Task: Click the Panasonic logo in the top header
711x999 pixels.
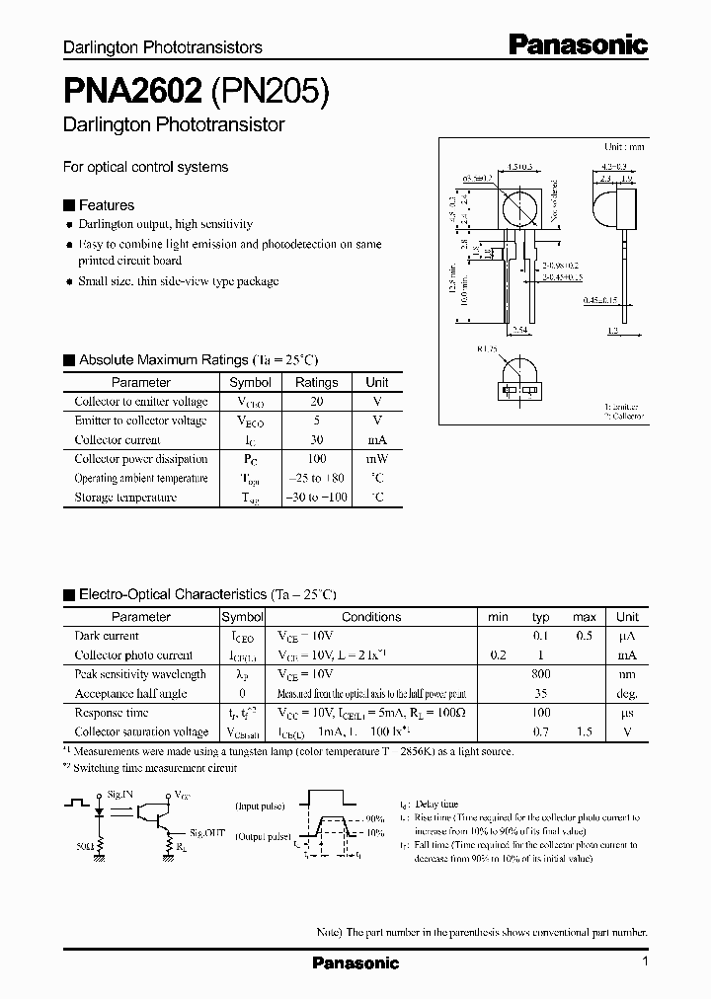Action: pyautogui.click(x=578, y=44)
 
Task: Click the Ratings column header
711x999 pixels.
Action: pyautogui.click(x=316, y=382)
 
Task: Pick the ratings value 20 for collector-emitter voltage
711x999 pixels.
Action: pyautogui.click(x=316, y=402)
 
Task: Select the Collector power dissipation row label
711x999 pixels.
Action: pyautogui.click(x=140, y=459)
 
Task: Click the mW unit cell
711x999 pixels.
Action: pyautogui.click(x=376, y=459)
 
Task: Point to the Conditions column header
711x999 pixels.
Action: pyautogui.click(x=371, y=617)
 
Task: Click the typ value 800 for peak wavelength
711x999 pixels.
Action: pyautogui.click(x=540, y=674)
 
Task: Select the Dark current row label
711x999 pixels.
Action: pyautogui.click(x=107, y=636)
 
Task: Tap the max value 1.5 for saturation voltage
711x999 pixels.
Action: pyautogui.click(x=584, y=732)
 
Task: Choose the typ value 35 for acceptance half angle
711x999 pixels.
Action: pyautogui.click(x=540, y=694)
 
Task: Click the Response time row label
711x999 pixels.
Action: pyautogui.click(x=112, y=713)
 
